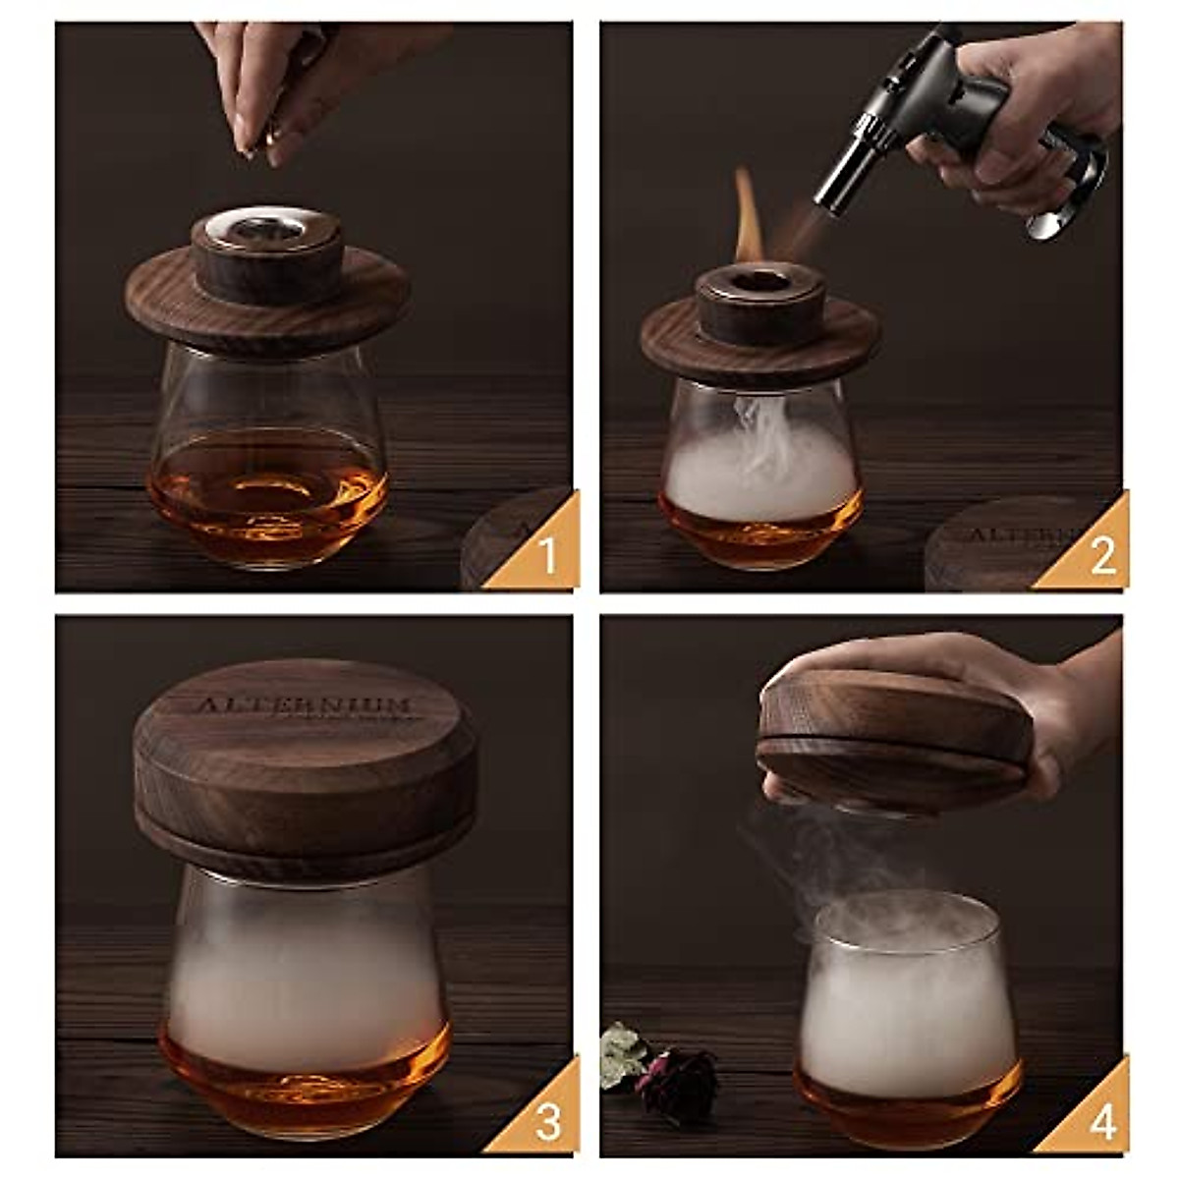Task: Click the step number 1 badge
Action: point(546,556)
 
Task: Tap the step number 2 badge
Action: point(1100,556)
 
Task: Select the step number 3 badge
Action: point(546,1122)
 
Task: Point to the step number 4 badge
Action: point(1100,1122)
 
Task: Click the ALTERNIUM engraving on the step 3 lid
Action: point(305,705)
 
